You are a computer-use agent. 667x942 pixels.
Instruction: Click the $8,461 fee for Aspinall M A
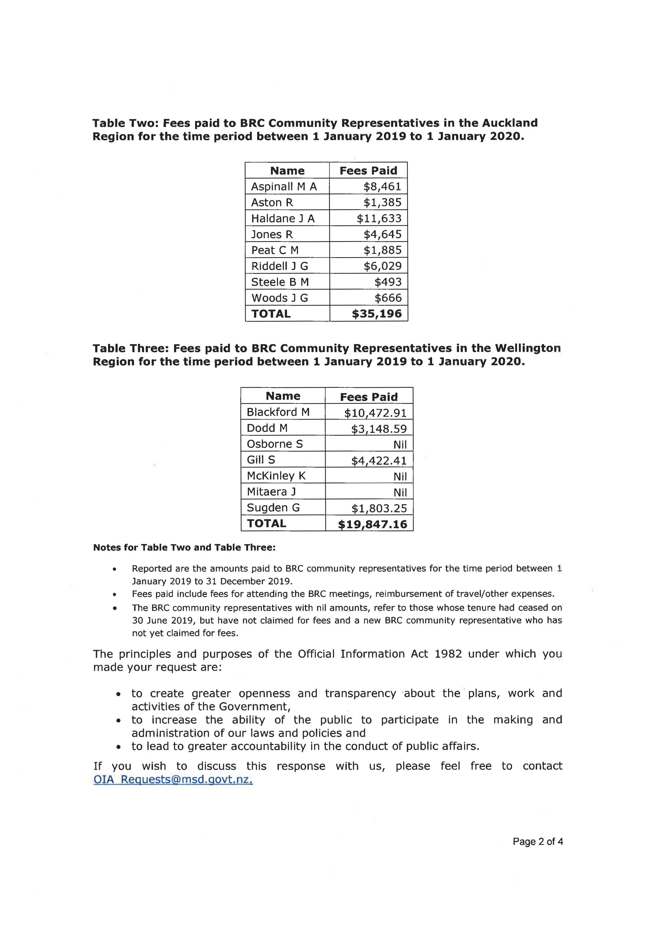pos(382,187)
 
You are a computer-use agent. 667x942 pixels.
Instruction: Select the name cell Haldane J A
pos(283,218)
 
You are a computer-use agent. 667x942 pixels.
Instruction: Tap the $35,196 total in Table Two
pos(377,314)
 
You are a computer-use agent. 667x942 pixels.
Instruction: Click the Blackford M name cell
pos(278,412)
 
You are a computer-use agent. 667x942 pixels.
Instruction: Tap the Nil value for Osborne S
pos(400,445)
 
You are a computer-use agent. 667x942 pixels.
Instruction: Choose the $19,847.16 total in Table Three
pos(372,524)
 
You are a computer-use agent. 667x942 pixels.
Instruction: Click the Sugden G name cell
pos(273,508)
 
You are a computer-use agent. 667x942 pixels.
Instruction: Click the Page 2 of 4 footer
pos(538,842)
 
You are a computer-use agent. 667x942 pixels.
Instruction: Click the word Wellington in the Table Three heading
pos(527,348)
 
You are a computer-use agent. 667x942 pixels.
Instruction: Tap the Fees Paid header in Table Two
pos(368,171)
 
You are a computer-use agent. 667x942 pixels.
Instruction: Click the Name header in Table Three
pos(283,396)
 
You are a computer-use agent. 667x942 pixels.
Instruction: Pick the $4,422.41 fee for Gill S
pos(379,461)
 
